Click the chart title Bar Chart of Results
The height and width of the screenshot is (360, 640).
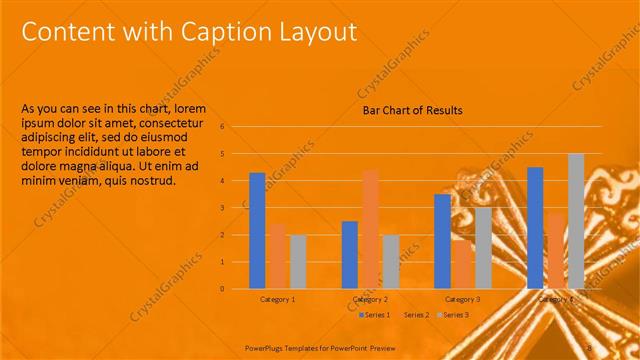[x=412, y=111]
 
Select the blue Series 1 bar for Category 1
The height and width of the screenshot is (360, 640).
[x=257, y=230]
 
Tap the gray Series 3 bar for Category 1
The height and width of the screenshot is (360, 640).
[x=298, y=261]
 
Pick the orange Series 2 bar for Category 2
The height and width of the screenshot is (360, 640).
[x=370, y=229]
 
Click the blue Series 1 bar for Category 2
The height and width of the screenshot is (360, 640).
[x=350, y=254]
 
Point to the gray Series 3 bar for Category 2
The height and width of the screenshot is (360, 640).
[x=390, y=261]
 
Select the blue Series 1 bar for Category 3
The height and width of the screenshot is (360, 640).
[x=442, y=241]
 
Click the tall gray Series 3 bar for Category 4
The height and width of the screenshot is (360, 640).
[x=575, y=221]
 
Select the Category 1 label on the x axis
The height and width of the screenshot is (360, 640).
[x=277, y=299]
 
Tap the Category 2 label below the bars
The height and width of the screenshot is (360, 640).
[x=370, y=299]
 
